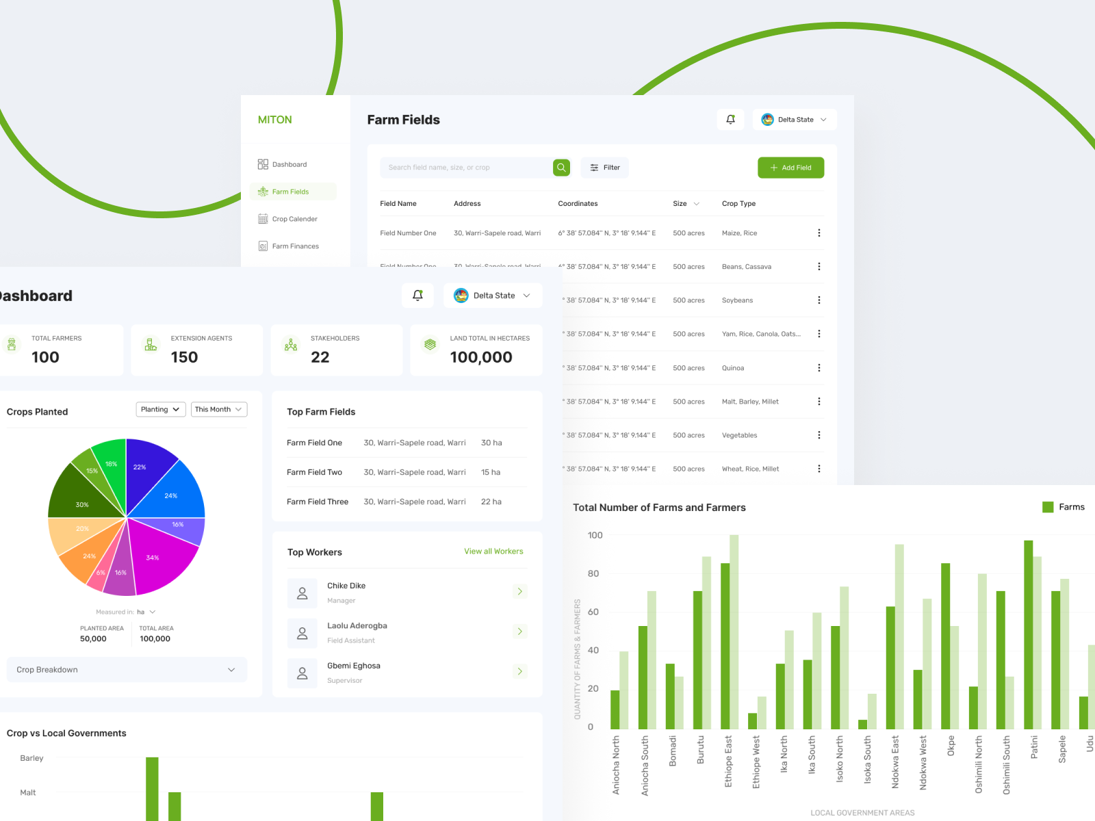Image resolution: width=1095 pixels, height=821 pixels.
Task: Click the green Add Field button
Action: pos(790,168)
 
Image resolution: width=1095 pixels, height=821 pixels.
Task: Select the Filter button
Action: pos(605,168)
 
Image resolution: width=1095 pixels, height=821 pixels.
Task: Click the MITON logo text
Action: pos(275,120)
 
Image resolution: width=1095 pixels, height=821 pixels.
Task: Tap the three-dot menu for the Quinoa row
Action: pos(819,368)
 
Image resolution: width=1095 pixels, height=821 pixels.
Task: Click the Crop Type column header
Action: pos(738,204)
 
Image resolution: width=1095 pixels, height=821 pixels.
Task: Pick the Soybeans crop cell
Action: pos(737,300)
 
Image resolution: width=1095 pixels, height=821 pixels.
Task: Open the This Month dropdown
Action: pos(218,410)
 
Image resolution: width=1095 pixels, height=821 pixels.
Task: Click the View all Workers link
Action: pos(493,551)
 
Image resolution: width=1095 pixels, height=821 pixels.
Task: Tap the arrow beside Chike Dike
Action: pos(519,591)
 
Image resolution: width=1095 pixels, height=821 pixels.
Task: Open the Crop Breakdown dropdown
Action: pos(127,670)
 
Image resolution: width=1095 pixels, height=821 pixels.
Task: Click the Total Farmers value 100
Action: pos(45,357)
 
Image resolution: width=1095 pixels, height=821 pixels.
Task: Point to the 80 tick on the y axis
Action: pos(593,574)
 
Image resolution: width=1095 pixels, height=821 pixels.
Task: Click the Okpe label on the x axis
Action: pos(951,746)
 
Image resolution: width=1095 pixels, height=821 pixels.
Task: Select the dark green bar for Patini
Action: pos(1028,634)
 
